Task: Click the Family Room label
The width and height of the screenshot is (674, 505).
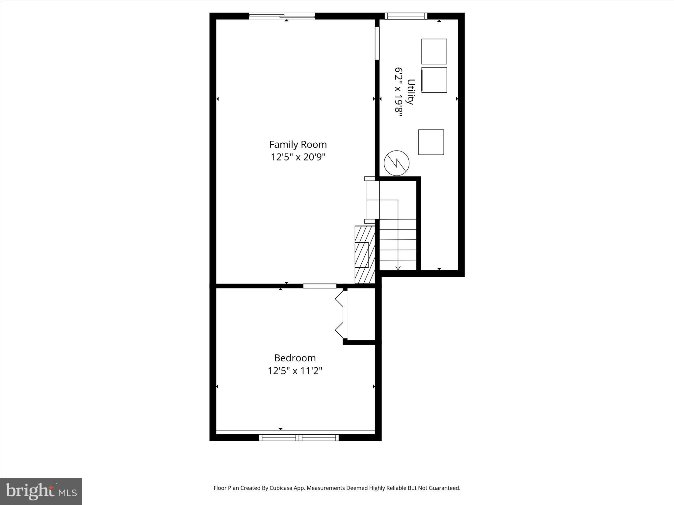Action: (298, 144)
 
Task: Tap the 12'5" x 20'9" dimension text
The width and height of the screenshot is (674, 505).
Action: (298, 157)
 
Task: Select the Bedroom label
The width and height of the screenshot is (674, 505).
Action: (295, 358)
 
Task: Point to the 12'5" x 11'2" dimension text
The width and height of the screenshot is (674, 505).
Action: (295, 371)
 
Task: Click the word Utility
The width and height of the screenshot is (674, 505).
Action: (410, 92)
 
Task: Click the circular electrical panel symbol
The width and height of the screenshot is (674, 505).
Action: (397, 163)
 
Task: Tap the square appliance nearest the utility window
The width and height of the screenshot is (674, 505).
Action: (434, 52)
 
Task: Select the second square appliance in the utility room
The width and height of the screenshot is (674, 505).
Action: (434, 80)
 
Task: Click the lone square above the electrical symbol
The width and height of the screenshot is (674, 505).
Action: (431, 142)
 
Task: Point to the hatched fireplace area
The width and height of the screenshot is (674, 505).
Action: (365, 254)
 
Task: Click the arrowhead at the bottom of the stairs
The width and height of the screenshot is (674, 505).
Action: (398, 268)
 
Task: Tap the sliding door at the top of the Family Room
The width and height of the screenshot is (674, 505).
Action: (282, 16)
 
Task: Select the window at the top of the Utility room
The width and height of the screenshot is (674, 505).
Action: (406, 16)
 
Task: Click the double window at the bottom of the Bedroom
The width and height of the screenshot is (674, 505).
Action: (298, 437)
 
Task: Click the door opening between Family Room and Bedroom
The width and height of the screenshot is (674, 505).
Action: (320, 286)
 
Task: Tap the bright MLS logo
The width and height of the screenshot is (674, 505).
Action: (41, 491)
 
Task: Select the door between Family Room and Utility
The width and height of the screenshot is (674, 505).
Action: (377, 43)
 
